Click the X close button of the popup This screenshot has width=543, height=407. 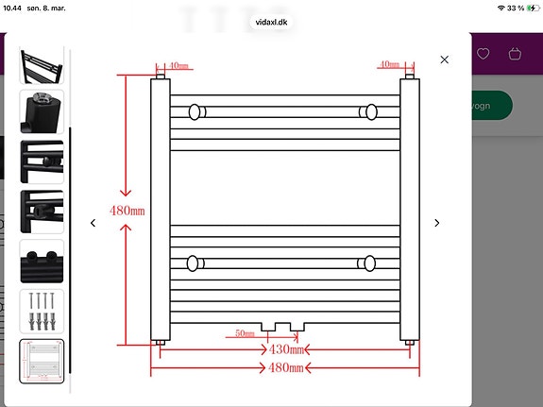(x=445, y=59)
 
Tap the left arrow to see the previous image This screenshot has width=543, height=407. (x=93, y=223)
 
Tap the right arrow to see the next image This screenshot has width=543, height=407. (x=436, y=223)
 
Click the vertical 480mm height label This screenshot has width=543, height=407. (x=127, y=210)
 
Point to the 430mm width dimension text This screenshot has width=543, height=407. (x=287, y=349)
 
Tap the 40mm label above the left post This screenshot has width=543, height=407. (x=178, y=65)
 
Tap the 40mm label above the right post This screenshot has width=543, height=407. (x=388, y=65)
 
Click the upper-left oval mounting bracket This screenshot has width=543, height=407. (x=195, y=112)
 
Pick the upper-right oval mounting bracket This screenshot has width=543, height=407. (x=368, y=112)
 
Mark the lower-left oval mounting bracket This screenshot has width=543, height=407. (x=195, y=263)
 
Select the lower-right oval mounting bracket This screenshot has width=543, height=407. (x=368, y=263)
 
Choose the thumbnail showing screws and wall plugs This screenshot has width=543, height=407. (x=42, y=311)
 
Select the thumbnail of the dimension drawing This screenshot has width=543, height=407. (x=42, y=361)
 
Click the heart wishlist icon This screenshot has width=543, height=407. (x=484, y=54)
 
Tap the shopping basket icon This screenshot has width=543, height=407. (x=515, y=54)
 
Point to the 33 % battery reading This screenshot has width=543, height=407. (x=515, y=8)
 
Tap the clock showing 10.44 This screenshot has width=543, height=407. (x=14, y=8)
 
